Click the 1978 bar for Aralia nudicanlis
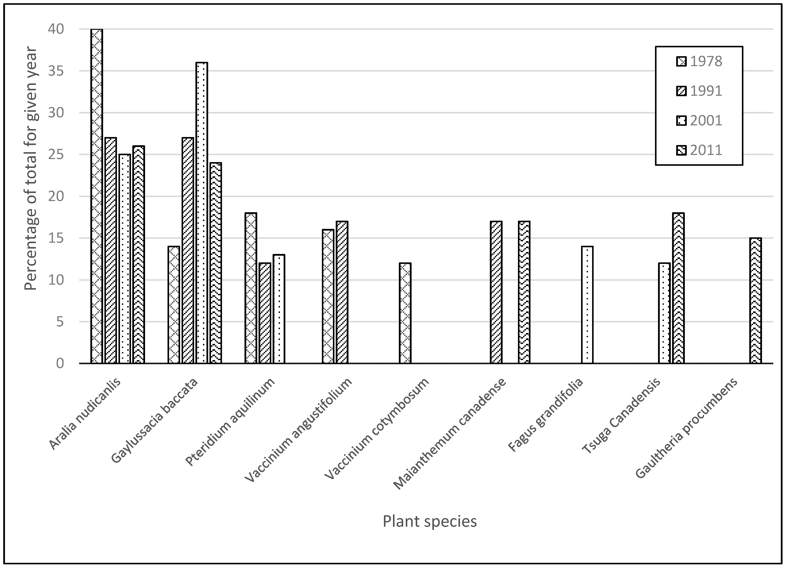point(97,196)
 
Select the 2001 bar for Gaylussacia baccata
point(202,213)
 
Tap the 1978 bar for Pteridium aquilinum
point(251,288)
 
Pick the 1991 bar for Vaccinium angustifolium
point(342,292)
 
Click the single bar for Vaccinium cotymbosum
point(405,313)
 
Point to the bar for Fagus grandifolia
point(587,305)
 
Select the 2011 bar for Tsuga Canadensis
point(678,288)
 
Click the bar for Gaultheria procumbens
point(756,300)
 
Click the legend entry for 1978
point(699,61)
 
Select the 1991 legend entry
point(699,91)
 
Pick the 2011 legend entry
point(699,150)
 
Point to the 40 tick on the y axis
point(56,29)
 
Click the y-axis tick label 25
point(56,155)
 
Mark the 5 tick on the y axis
point(60,322)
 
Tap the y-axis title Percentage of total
point(31,168)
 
